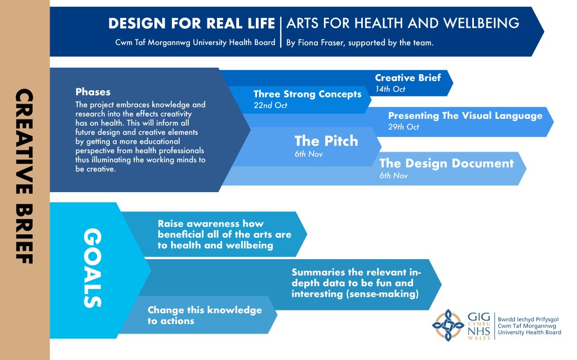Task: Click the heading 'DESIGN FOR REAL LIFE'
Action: [x=192, y=24]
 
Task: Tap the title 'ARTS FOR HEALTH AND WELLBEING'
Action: [x=403, y=23]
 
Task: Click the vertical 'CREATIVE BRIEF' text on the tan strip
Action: [x=24, y=176]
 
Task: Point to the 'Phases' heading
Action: [x=93, y=92]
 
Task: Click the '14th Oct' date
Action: [x=390, y=89]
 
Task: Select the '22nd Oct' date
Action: [x=270, y=105]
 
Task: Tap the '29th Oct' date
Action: [x=403, y=127]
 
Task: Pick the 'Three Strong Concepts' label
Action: [x=308, y=94]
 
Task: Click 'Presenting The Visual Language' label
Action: [x=465, y=115]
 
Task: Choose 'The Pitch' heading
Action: [x=326, y=141]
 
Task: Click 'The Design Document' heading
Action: [x=446, y=163]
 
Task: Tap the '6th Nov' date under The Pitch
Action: [x=308, y=154]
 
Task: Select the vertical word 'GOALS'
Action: [x=93, y=268]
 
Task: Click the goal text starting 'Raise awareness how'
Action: [x=224, y=234]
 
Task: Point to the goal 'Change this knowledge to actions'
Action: [x=205, y=315]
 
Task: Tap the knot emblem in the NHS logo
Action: [x=448, y=325]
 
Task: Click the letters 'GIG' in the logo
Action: [x=479, y=317]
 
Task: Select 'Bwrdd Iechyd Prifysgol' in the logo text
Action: [x=528, y=319]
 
